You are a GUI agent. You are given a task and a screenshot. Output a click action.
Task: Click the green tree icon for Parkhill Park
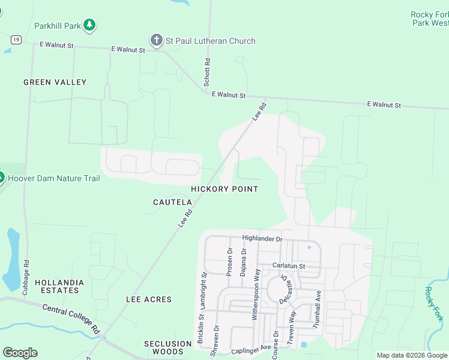click(89, 25)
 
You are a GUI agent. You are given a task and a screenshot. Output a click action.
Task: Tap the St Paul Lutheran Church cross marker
click(156, 41)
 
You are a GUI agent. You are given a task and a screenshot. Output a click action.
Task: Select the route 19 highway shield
click(16, 40)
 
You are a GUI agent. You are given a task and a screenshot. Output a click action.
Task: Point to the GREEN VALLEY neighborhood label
click(55, 82)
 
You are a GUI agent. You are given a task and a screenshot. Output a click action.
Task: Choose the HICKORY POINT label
click(224, 189)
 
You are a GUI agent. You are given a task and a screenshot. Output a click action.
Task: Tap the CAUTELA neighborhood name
click(172, 203)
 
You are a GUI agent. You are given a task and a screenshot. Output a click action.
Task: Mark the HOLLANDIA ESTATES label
click(57, 286)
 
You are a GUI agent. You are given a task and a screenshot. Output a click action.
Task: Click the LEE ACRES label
click(149, 299)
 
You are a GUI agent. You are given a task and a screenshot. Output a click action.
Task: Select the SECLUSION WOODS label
click(167, 347)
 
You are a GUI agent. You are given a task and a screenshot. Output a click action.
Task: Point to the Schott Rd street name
click(207, 72)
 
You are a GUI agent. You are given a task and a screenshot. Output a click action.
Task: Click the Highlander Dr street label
click(262, 238)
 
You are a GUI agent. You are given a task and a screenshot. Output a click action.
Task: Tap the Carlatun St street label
click(289, 265)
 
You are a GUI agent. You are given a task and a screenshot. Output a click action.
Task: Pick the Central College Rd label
click(71, 318)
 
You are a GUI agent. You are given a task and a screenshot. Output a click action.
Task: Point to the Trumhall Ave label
click(318, 310)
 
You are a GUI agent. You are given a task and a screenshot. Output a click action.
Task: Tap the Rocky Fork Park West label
click(429, 19)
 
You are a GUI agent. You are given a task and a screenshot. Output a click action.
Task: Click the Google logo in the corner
click(20, 353)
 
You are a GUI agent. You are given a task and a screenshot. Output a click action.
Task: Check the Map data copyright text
click(411, 355)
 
